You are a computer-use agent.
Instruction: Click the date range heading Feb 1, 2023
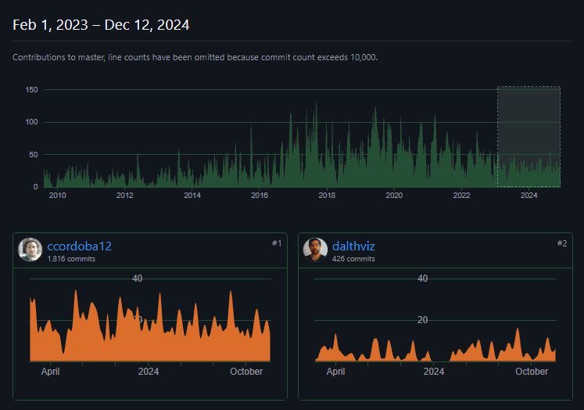coord(101,25)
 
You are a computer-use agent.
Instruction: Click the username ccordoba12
coord(79,246)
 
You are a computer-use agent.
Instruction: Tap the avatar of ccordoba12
coord(30,250)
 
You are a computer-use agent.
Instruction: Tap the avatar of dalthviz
coord(315,250)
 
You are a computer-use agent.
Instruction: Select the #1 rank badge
coord(276,243)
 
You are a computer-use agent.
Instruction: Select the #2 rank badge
coord(561,243)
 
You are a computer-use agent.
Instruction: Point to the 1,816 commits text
coord(71,258)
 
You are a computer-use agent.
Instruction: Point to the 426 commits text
coord(353,258)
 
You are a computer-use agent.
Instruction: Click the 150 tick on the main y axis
coord(31,90)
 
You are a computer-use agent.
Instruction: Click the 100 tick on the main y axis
coord(31,122)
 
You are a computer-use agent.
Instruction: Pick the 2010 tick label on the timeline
coord(57,195)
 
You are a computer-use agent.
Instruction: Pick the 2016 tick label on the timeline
coord(260,195)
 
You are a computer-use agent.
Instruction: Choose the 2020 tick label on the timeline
coord(394,195)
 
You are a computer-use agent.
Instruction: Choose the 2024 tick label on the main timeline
coord(528,195)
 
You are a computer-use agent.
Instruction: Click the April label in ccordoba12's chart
coord(51,372)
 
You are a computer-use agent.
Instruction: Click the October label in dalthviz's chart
coord(532,372)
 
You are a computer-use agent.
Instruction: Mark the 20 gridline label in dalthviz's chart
coord(423,320)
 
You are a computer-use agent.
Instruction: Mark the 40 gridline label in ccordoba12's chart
coord(138,279)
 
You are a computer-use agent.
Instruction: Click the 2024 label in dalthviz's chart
coord(434,372)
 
